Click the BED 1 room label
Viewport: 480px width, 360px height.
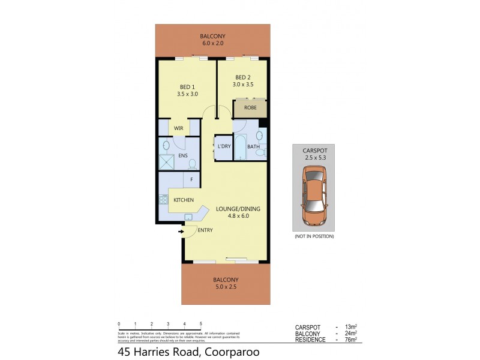coord(187,85)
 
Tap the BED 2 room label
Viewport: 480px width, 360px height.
coord(243,77)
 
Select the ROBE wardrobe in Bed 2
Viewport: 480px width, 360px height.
coord(251,109)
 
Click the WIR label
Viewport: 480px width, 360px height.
coord(179,128)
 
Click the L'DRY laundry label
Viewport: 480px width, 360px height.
coord(224,146)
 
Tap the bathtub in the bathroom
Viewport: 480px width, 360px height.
coord(240,147)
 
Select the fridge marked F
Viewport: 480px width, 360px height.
coord(191,179)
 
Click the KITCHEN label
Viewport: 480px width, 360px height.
coord(184,200)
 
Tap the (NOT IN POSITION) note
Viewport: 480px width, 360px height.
coord(313,236)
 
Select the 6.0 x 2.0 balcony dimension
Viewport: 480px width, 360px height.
coord(212,44)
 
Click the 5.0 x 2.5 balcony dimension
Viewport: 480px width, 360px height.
coord(226,287)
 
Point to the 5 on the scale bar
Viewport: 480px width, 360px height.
coord(200,323)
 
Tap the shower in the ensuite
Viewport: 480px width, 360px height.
coord(166,162)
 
